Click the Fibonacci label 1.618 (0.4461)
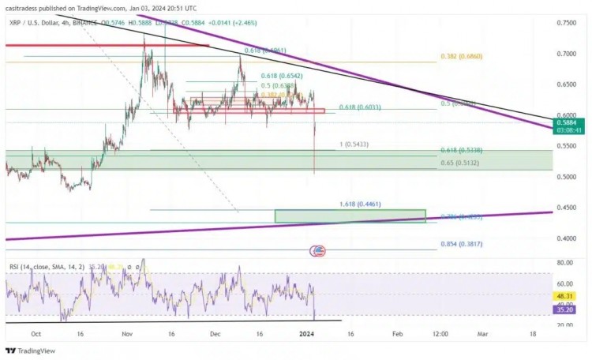(361, 204)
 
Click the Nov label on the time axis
(127, 334)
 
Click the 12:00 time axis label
(439, 334)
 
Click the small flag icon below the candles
(318, 251)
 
